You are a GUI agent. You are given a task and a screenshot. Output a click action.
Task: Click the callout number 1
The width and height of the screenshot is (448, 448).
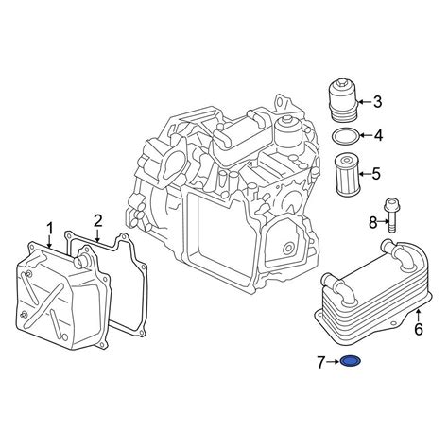click(x=50, y=229)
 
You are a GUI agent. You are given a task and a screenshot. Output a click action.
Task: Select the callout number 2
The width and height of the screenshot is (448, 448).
click(x=98, y=221)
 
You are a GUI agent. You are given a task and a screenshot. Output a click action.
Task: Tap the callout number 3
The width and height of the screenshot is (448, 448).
click(x=377, y=102)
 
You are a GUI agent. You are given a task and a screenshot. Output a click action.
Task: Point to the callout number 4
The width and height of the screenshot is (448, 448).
click(x=378, y=135)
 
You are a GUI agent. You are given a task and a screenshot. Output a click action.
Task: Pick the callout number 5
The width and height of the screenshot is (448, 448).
click(x=376, y=174)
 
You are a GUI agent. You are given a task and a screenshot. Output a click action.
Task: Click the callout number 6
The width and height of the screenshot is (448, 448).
click(x=419, y=329)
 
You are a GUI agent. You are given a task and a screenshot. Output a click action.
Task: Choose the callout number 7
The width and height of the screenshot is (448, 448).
click(x=320, y=363)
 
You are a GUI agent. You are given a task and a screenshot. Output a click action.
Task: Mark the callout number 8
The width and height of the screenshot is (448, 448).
click(x=373, y=223)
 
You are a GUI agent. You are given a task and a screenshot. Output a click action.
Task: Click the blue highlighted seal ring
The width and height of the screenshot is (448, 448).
click(x=351, y=361)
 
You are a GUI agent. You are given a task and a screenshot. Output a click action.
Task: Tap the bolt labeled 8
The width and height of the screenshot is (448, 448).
click(x=391, y=215)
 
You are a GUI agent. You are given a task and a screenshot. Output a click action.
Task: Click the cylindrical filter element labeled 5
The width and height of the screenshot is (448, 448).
click(x=346, y=174)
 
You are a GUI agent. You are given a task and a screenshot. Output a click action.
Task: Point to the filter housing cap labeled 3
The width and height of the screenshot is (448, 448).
click(x=343, y=101)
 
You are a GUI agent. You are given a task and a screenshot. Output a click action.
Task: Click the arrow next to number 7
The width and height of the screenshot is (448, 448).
click(x=333, y=362)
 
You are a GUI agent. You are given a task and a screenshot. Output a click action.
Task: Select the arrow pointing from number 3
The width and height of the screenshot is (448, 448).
click(x=365, y=102)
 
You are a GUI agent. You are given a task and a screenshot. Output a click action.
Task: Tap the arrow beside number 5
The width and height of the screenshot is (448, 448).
click(x=365, y=174)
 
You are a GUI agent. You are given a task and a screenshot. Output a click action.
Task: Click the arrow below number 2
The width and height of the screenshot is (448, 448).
click(x=98, y=235)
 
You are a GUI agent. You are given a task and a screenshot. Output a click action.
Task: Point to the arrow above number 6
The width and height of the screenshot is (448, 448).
click(x=418, y=316)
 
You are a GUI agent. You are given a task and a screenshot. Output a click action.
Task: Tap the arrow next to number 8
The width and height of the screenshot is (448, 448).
click(x=384, y=221)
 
